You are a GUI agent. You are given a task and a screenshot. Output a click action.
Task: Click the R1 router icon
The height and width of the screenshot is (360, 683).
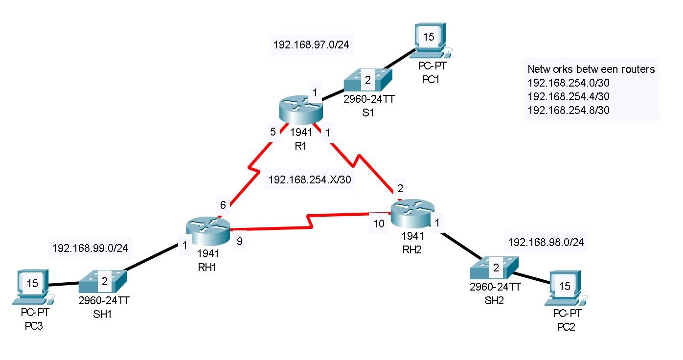click(301, 111)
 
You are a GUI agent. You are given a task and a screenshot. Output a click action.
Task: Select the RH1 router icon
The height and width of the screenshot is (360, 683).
click(208, 232)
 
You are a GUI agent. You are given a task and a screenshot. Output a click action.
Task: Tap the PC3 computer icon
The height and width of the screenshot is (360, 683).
click(33, 285)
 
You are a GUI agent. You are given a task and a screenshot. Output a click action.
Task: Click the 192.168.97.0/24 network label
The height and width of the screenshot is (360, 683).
click(311, 45)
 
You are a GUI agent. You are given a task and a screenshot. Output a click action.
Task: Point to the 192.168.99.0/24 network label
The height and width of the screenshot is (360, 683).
click(90, 248)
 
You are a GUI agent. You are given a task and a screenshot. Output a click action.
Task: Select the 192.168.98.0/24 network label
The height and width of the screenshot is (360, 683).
click(546, 242)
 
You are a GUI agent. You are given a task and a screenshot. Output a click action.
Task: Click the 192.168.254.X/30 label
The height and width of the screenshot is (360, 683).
click(310, 180)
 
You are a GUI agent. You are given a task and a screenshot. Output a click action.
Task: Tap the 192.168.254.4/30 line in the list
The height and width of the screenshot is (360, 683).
click(569, 96)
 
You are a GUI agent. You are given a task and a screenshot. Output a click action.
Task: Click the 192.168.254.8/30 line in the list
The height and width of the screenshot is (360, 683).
click(569, 110)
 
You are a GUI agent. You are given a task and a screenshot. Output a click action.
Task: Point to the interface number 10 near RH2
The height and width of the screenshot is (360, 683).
click(379, 224)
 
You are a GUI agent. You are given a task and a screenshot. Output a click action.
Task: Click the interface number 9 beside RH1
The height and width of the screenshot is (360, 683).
click(239, 241)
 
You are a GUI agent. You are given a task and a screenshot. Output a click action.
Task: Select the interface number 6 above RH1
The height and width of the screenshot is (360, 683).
click(223, 205)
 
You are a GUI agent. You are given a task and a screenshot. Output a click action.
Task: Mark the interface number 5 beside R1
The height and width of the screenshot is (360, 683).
click(273, 132)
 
